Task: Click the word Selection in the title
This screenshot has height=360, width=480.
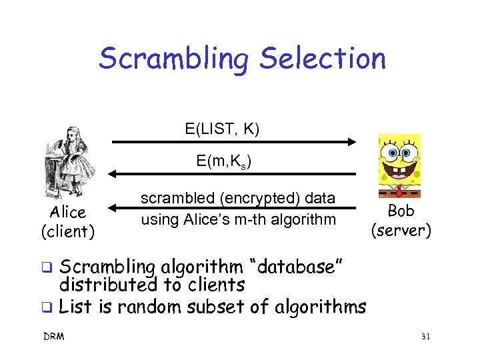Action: point(323,58)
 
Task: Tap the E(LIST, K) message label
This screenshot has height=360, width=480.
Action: point(222,127)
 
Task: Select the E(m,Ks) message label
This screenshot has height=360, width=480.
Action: point(223,161)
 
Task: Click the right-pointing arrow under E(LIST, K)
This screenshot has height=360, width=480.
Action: point(233,141)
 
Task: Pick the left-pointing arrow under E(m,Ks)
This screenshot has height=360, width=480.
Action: point(233,174)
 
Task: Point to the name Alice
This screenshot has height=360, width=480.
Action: point(68,213)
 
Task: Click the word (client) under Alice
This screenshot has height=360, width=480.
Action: point(68,231)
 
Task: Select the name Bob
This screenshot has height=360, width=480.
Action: point(401,211)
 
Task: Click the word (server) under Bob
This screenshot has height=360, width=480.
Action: point(401,230)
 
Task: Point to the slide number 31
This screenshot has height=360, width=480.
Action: point(425,337)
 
